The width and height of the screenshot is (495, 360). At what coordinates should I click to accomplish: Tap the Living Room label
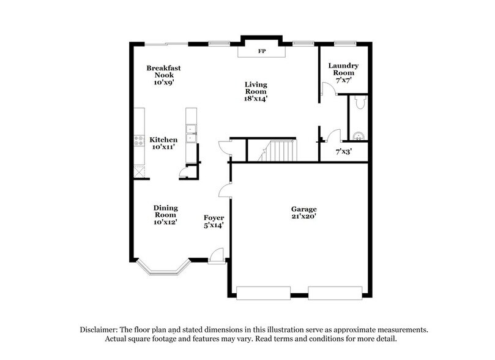click(x=256, y=91)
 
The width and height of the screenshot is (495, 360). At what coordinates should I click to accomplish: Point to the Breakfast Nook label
click(x=163, y=74)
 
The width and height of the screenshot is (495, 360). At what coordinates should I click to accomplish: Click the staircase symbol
click(x=282, y=151)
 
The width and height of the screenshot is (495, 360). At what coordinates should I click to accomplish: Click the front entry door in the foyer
click(x=216, y=257)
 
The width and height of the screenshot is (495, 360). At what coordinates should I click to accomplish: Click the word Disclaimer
click(x=102, y=329)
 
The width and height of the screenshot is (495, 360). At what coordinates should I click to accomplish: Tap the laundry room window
click(x=344, y=43)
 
